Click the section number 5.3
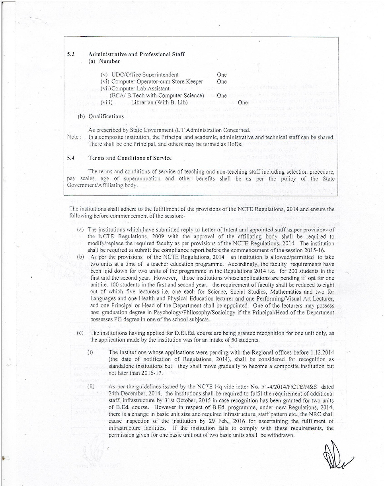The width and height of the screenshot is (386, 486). coord(72,54)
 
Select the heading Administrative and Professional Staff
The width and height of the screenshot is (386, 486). coord(136,54)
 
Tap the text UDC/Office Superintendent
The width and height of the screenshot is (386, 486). coord(145,74)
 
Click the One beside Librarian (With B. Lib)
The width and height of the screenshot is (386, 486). coord(242,102)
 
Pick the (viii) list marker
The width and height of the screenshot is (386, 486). coord(106,102)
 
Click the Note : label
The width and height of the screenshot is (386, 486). coord(75,137)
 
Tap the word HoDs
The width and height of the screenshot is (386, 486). coord(234,144)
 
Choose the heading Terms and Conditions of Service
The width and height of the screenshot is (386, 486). coord(130,158)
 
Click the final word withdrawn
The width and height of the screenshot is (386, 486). coord(282,435)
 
